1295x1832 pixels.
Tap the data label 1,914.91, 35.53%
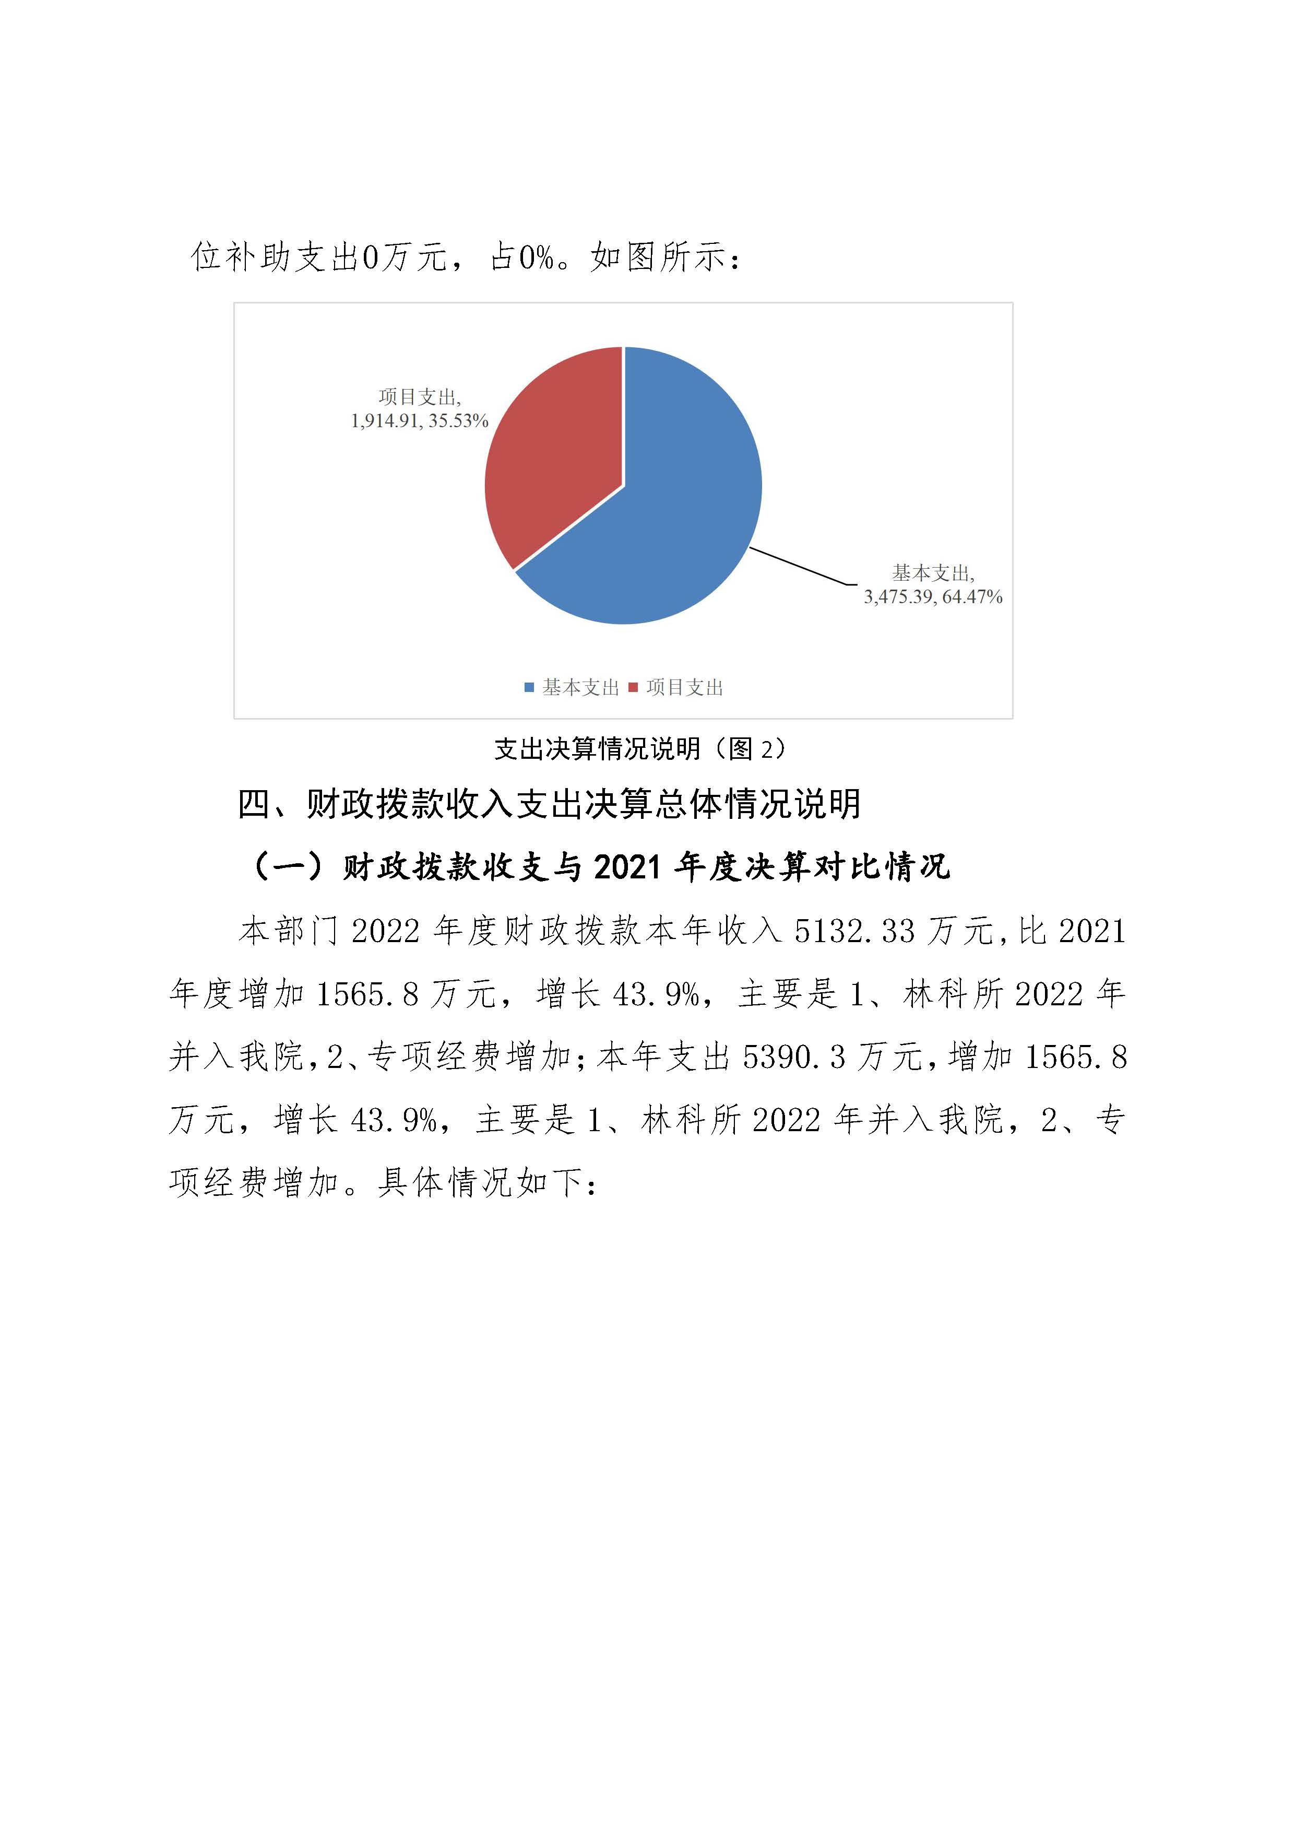(x=420, y=420)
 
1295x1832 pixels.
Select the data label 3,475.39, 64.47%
(x=932, y=597)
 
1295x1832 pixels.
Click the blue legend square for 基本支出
(x=529, y=688)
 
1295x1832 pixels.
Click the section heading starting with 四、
(x=550, y=804)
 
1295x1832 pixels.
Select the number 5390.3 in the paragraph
(x=793, y=1057)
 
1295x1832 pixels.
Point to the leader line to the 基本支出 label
(x=798, y=567)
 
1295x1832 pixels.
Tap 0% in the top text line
(x=536, y=257)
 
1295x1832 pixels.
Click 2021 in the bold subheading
(x=627, y=866)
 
